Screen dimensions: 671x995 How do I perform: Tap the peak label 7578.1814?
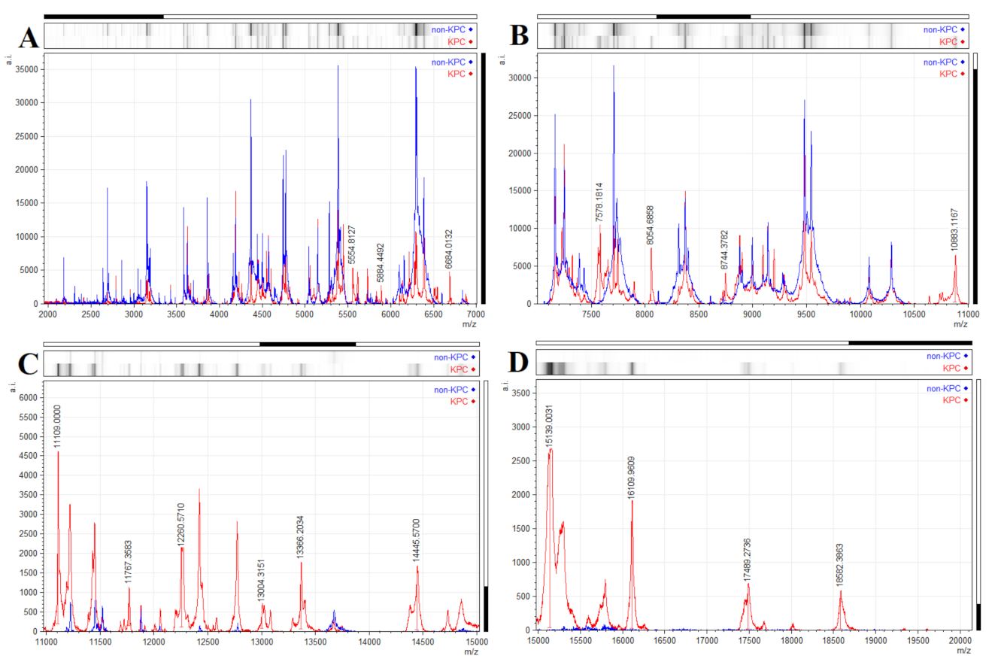pos(599,202)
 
